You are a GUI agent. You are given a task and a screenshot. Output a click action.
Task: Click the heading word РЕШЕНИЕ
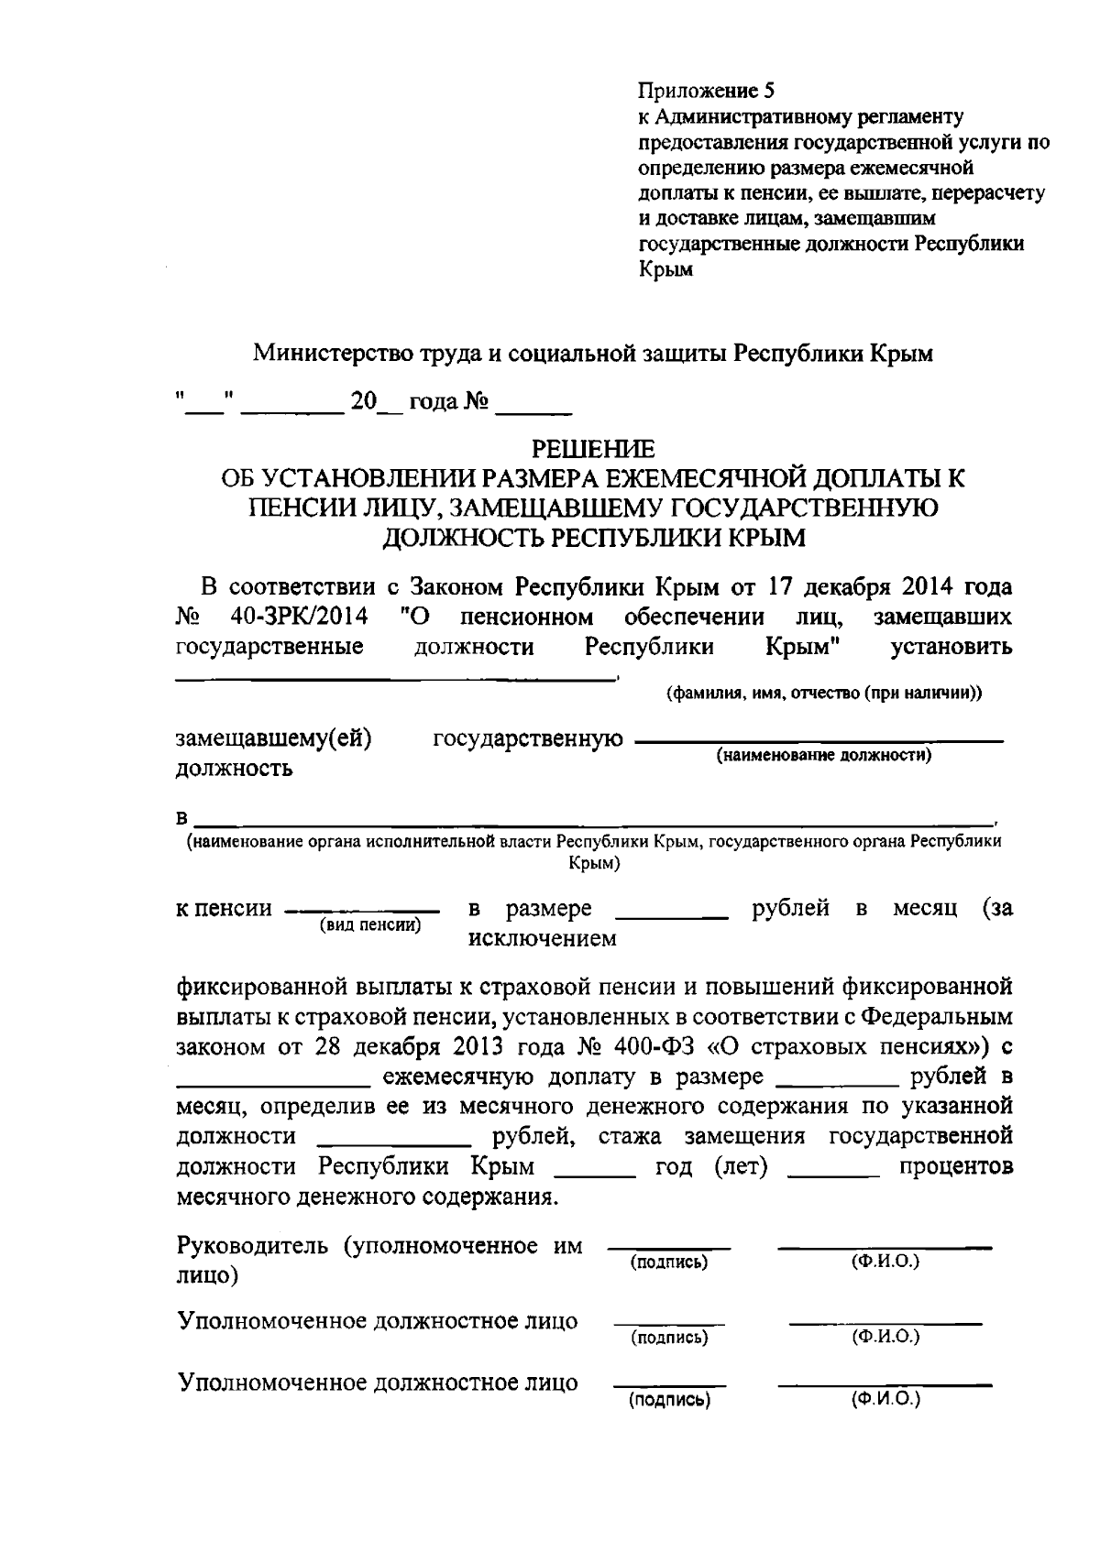594,448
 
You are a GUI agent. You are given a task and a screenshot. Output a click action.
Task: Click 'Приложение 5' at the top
706,91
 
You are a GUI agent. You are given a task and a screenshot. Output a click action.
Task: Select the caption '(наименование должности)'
823,756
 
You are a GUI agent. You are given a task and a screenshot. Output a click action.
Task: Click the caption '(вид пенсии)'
369,925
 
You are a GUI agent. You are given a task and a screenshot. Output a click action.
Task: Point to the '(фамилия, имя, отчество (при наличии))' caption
823,694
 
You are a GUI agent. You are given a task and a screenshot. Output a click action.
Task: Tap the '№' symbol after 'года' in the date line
475,402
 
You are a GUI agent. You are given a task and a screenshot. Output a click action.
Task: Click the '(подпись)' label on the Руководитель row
669,1262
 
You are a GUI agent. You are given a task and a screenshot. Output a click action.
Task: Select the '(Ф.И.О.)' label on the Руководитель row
885,1262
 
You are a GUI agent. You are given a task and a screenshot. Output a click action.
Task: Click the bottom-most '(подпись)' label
669,1400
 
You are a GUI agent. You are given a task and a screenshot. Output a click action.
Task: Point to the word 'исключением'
543,939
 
